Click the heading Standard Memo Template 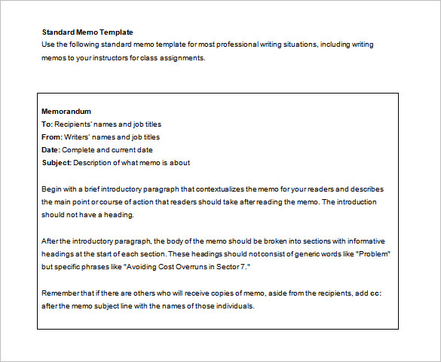(87, 32)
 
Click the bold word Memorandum (66, 112)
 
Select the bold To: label (47, 124)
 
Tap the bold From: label (52, 137)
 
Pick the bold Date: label (51, 150)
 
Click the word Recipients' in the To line (74, 124)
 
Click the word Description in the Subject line (94, 163)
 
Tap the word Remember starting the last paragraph (62, 293)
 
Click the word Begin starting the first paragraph (51, 189)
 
